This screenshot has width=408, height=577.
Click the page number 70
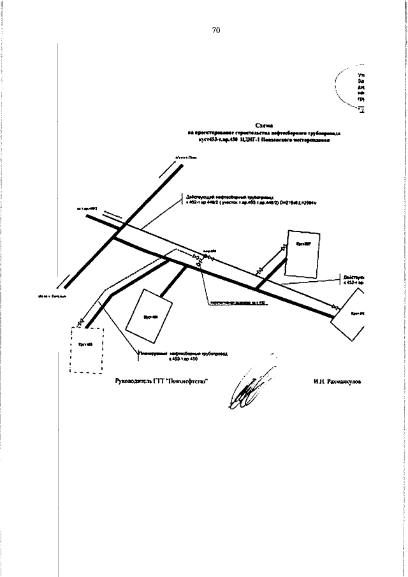(x=215, y=31)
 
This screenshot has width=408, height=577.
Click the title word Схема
(x=263, y=126)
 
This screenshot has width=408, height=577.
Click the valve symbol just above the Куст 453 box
(x=80, y=323)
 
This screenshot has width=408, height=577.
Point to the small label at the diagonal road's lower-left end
(x=50, y=297)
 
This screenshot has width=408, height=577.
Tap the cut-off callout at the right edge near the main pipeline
(x=353, y=281)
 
